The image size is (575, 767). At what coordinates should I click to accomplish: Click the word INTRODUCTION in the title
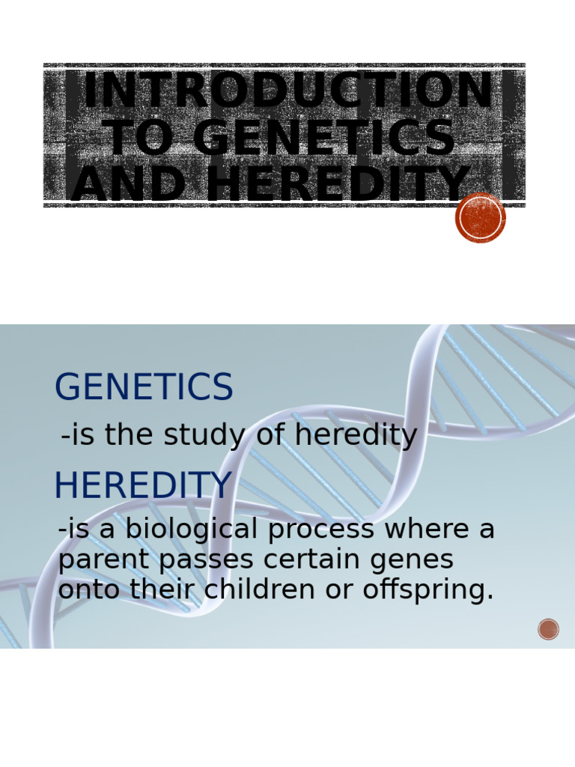click(x=288, y=91)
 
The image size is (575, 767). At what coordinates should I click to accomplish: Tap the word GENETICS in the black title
click(x=323, y=139)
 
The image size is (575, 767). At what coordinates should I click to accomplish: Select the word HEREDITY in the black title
click(x=338, y=185)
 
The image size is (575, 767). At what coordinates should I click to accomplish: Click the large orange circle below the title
click(x=481, y=218)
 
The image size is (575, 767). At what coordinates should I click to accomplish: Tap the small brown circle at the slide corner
click(x=548, y=629)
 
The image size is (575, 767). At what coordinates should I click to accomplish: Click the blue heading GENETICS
click(x=144, y=388)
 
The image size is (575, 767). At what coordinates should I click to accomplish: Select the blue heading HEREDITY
click(x=143, y=486)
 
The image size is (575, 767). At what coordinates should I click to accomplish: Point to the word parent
click(x=97, y=560)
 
